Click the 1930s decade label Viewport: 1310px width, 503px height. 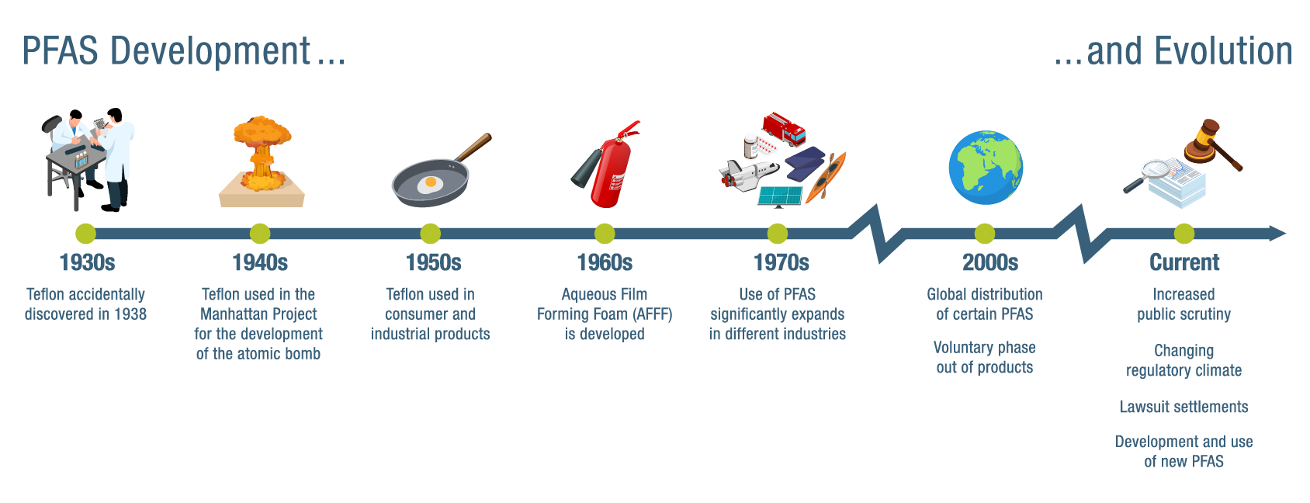pyautogui.click(x=87, y=262)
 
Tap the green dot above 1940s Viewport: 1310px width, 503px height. pyautogui.click(x=260, y=234)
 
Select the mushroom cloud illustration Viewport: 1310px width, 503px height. pyautogui.click(x=262, y=161)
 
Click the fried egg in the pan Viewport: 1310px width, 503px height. pyautogui.click(x=431, y=185)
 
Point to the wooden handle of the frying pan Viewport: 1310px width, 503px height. pyautogui.click(x=473, y=147)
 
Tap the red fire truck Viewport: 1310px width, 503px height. pyautogui.click(x=784, y=129)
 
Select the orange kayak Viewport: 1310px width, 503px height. pyautogui.click(x=826, y=178)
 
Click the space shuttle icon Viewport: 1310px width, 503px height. pyautogui.click(x=749, y=175)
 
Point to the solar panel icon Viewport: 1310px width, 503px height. pyautogui.click(x=780, y=196)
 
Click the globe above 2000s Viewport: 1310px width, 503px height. pyautogui.click(x=986, y=167)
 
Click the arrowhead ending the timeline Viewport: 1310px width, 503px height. pyautogui.click(x=1277, y=234)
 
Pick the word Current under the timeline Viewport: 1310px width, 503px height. pyautogui.click(x=1184, y=262)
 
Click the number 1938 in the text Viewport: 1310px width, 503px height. pyautogui.click(x=130, y=314)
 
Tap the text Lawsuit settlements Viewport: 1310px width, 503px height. pyautogui.click(x=1184, y=407)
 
